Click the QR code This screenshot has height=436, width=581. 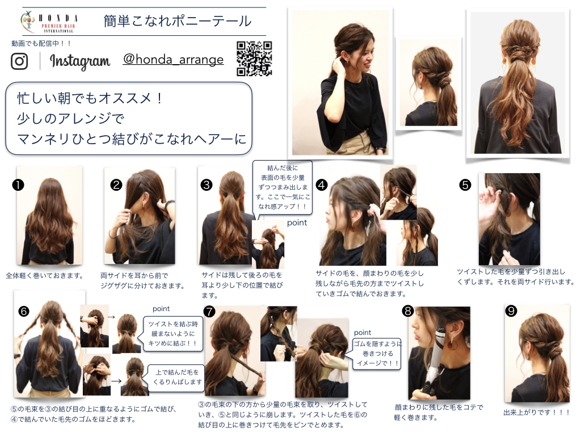[x=254, y=58]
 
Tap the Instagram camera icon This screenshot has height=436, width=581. [x=19, y=61]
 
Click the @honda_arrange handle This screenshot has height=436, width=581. [x=174, y=59]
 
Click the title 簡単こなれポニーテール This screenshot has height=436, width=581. [x=178, y=21]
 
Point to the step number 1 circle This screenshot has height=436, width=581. [x=18, y=185]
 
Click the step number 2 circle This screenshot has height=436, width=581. [x=116, y=185]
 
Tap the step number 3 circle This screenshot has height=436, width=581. [x=207, y=185]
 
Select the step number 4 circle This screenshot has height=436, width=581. [x=322, y=185]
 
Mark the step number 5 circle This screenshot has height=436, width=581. [x=465, y=185]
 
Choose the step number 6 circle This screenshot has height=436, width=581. [x=24, y=311]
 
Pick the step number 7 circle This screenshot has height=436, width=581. [x=209, y=311]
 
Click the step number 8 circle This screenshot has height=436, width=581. [x=408, y=311]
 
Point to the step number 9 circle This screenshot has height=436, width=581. [x=511, y=311]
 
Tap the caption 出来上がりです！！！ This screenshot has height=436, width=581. [x=536, y=412]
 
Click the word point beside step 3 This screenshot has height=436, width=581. [x=297, y=223]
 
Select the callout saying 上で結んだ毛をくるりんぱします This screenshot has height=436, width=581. [x=176, y=377]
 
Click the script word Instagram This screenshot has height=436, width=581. [x=79, y=61]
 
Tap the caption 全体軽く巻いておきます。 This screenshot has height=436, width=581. [x=45, y=275]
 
